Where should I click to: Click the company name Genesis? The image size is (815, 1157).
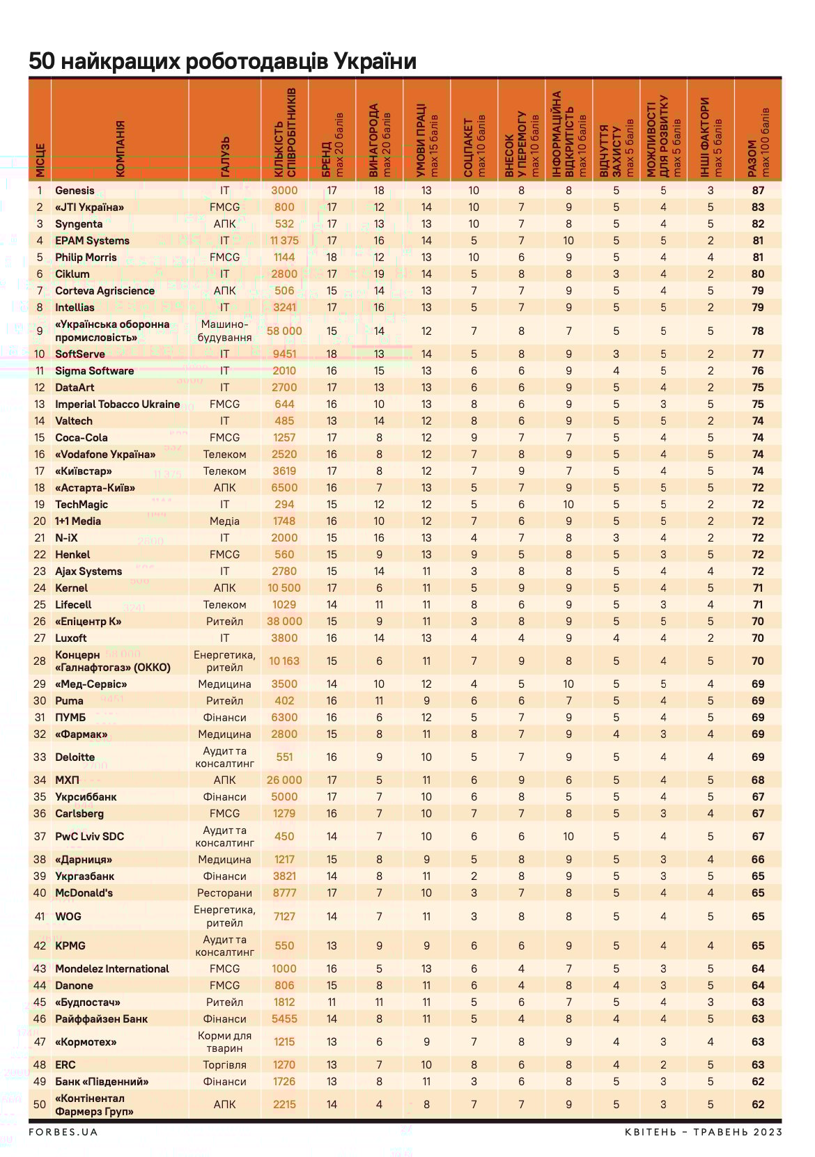(x=75, y=190)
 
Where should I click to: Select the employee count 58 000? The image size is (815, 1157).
(x=284, y=331)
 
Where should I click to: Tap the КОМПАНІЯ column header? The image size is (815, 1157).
(x=121, y=149)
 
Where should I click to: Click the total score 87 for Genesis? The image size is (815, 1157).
(x=758, y=190)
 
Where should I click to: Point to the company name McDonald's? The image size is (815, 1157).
(x=84, y=892)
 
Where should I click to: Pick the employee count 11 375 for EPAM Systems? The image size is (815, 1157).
(x=284, y=240)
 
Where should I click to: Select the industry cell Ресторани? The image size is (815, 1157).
(x=224, y=892)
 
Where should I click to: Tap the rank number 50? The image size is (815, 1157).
(x=40, y=1104)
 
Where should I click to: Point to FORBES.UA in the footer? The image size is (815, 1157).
(x=63, y=1132)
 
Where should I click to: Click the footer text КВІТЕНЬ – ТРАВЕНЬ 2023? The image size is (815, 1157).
(x=703, y=1132)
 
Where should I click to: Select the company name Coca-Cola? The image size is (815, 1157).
(x=81, y=437)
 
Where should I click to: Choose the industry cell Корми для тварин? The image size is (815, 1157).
(x=224, y=1041)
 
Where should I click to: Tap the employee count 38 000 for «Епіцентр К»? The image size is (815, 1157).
(x=284, y=621)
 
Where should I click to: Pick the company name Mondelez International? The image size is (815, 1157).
(x=112, y=968)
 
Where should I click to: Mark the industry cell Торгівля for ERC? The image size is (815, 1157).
(x=224, y=1064)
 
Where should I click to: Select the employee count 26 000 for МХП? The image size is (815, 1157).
(x=284, y=780)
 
